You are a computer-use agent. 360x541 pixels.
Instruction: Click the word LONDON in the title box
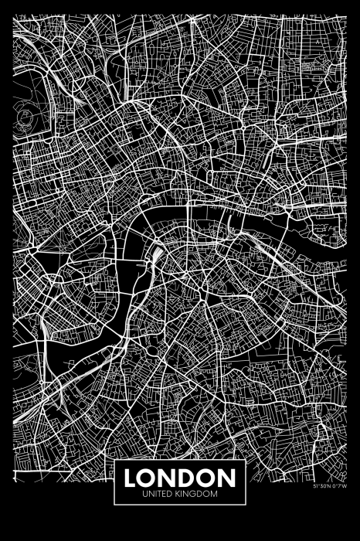point(179,475)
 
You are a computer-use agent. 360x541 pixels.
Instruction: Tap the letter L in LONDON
point(131,475)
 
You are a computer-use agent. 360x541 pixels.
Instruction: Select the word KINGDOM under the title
point(197,492)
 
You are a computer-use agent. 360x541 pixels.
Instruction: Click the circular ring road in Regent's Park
point(26,116)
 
